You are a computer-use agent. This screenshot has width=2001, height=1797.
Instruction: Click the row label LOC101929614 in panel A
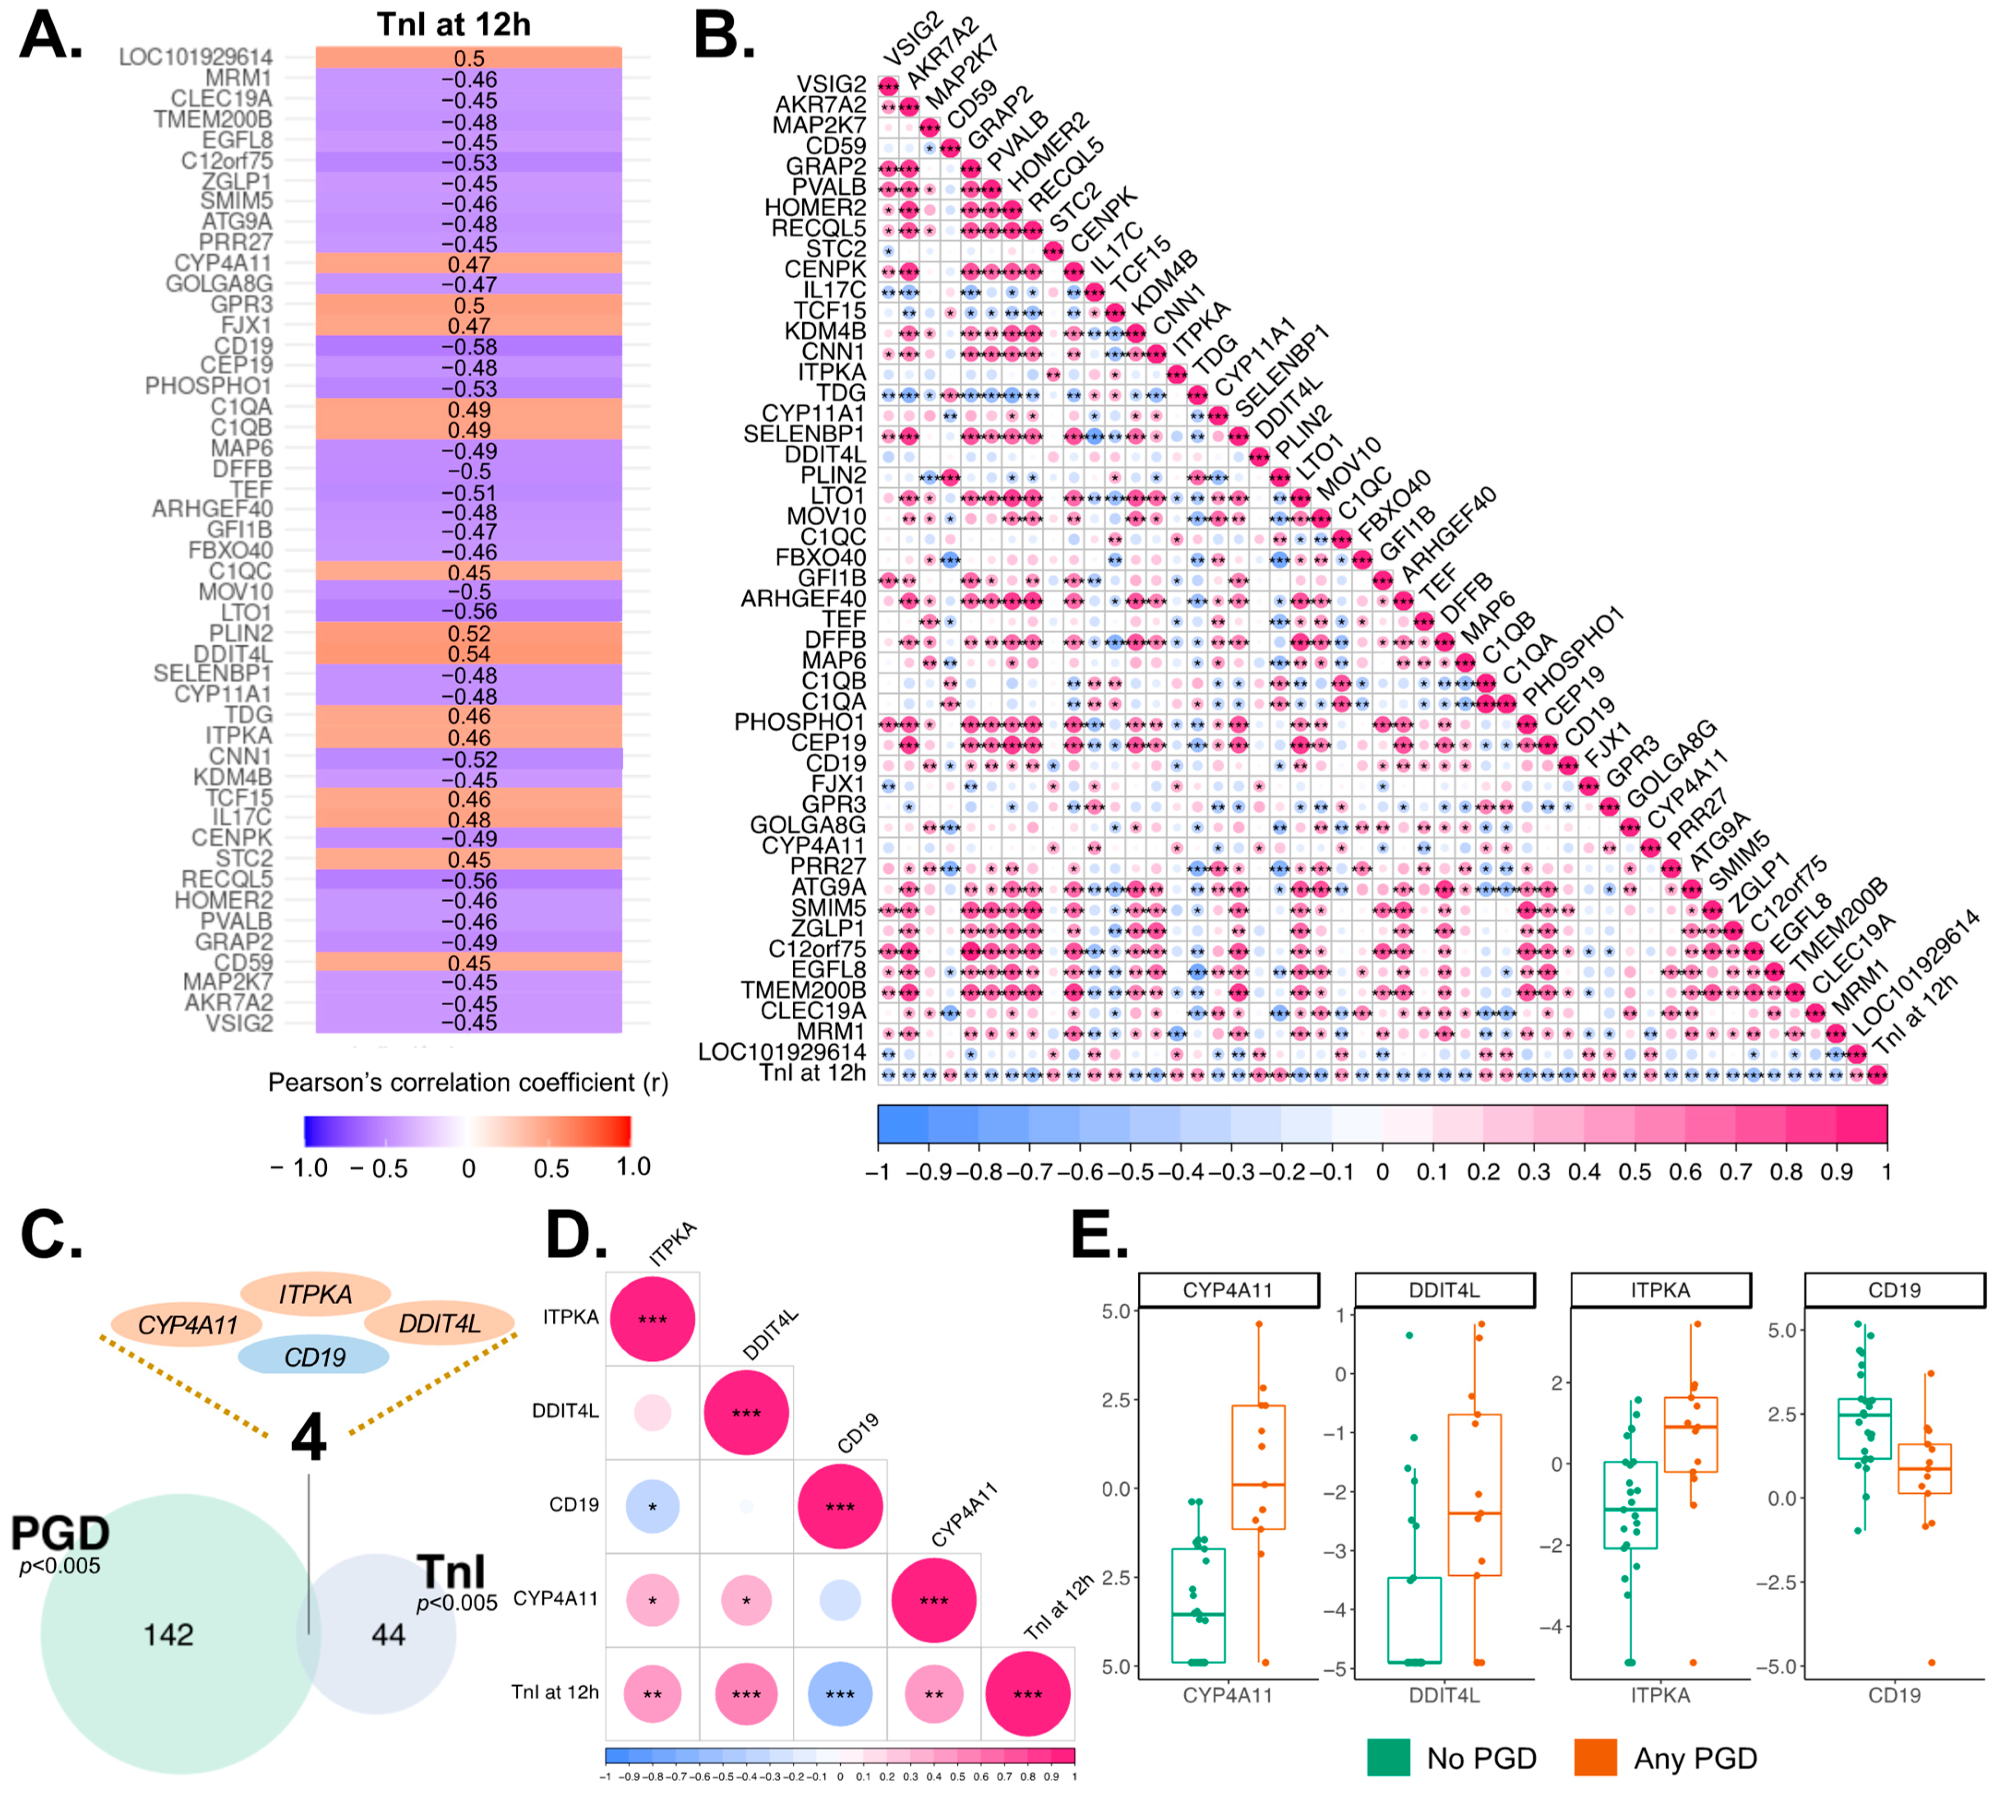click(196, 57)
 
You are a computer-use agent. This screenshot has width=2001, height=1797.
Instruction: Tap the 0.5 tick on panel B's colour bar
click(1635, 1172)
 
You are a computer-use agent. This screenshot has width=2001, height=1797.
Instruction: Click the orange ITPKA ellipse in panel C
click(316, 1293)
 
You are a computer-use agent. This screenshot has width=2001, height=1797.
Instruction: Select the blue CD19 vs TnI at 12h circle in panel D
click(840, 1695)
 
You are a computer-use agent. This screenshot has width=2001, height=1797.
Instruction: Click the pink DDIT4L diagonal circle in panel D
click(746, 1413)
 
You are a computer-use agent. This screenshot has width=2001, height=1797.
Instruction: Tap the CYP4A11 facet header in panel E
click(1228, 1290)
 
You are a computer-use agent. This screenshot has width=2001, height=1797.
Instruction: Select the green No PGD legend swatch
click(1387, 1758)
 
